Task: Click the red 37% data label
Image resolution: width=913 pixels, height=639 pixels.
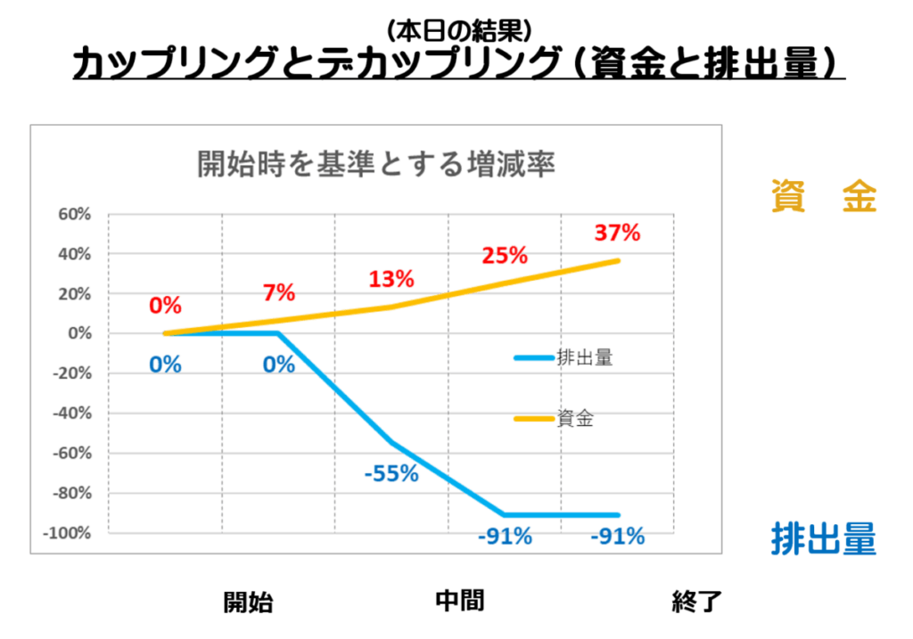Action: [617, 233]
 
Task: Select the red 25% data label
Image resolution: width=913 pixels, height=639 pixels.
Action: [505, 256]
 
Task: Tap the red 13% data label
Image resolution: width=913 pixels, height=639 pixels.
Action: [391, 279]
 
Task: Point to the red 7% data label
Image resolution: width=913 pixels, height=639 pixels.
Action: [279, 292]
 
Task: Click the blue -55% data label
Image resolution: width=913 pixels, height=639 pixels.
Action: [391, 473]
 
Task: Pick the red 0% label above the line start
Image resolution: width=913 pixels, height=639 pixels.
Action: [165, 306]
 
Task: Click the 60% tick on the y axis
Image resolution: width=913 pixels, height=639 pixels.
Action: [75, 214]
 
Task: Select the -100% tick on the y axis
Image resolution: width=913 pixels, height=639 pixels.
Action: [70, 533]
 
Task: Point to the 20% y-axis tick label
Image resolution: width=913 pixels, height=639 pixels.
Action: [75, 293]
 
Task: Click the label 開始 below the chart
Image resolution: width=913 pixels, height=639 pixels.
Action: [248, 602]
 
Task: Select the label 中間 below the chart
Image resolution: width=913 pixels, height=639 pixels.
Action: [460, 600]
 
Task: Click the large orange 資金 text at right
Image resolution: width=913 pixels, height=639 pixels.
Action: [825, 197]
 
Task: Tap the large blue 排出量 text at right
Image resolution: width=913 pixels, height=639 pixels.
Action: [824, 539]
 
